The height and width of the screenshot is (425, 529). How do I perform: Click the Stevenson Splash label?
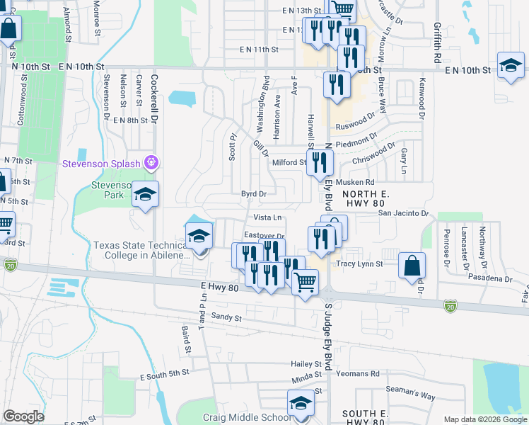click(102, 163)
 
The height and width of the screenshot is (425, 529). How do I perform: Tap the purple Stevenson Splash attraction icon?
click(150, 163)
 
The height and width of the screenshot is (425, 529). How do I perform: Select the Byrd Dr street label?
click(253, 193)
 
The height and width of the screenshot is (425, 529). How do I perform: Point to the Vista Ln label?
click(267, 217)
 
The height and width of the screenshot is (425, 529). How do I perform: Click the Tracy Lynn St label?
click(359, 263)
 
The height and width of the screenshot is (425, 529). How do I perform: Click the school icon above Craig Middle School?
click(301, 404)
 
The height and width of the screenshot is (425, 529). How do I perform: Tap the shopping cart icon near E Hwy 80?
click(305, 282)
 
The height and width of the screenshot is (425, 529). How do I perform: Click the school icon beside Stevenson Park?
click(145, 195)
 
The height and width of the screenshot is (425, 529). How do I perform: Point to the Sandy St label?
click(226, 318)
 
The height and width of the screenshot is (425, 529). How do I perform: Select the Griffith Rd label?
click(438, 42)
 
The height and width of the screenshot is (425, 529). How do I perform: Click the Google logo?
click(24, 416)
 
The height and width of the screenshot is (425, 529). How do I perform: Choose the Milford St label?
click(289, 162)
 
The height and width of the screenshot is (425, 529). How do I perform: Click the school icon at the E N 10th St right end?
click(510, 66)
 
